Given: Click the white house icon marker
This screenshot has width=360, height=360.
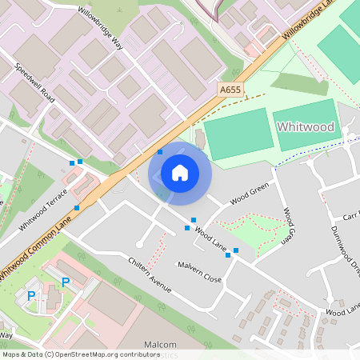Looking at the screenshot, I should tap(180, 172).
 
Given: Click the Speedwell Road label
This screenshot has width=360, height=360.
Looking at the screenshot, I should tap(34, 82).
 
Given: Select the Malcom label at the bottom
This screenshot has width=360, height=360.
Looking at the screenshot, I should tap(160, 344).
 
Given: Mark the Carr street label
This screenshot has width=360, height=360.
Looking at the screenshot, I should tap(350, 217).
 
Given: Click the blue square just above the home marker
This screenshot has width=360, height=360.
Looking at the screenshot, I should tap(160, 150).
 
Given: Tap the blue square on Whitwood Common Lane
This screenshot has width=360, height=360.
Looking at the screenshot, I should tap(77, 208).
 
